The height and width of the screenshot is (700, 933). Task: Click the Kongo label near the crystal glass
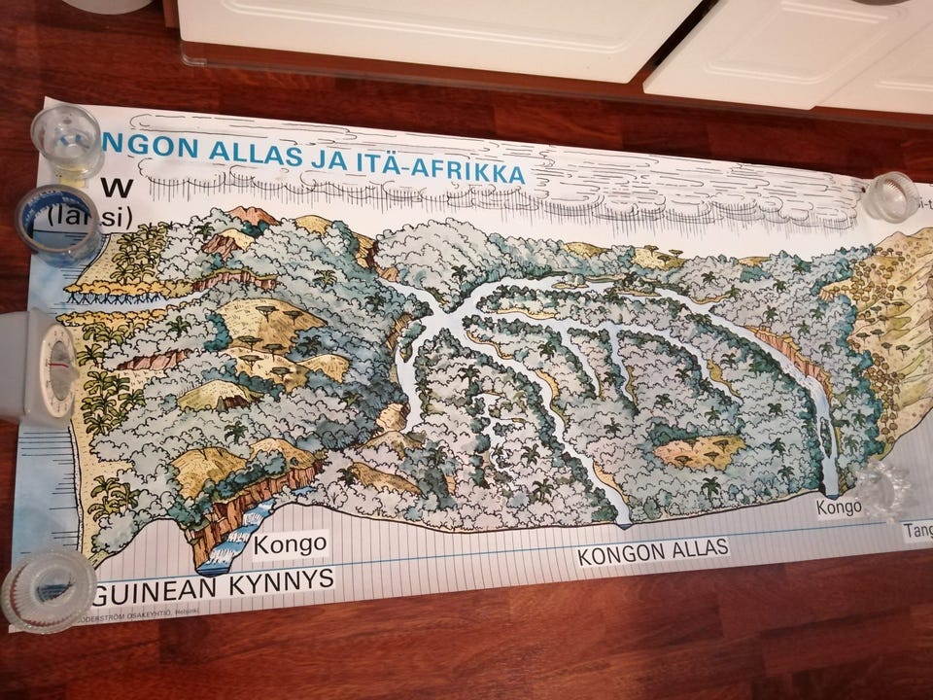(x=839, y=507)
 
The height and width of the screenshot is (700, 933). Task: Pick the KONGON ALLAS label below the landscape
(x=652, y=551)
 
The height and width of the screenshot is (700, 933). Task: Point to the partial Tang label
(x=916, y=531)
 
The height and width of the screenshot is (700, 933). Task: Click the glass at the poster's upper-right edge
(x=890, y=196)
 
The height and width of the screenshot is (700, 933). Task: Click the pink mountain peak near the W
(x=255, y=216)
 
